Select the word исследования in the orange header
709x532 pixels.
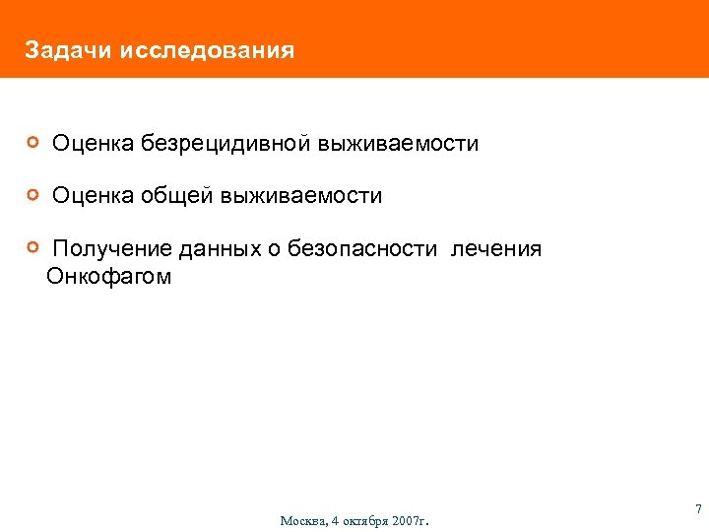coord(207,49)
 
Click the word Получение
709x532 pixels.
coord(108,249)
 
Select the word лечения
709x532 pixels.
coord(496,249)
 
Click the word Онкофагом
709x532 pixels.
coord(109,277)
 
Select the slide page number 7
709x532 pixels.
coord(698,509)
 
